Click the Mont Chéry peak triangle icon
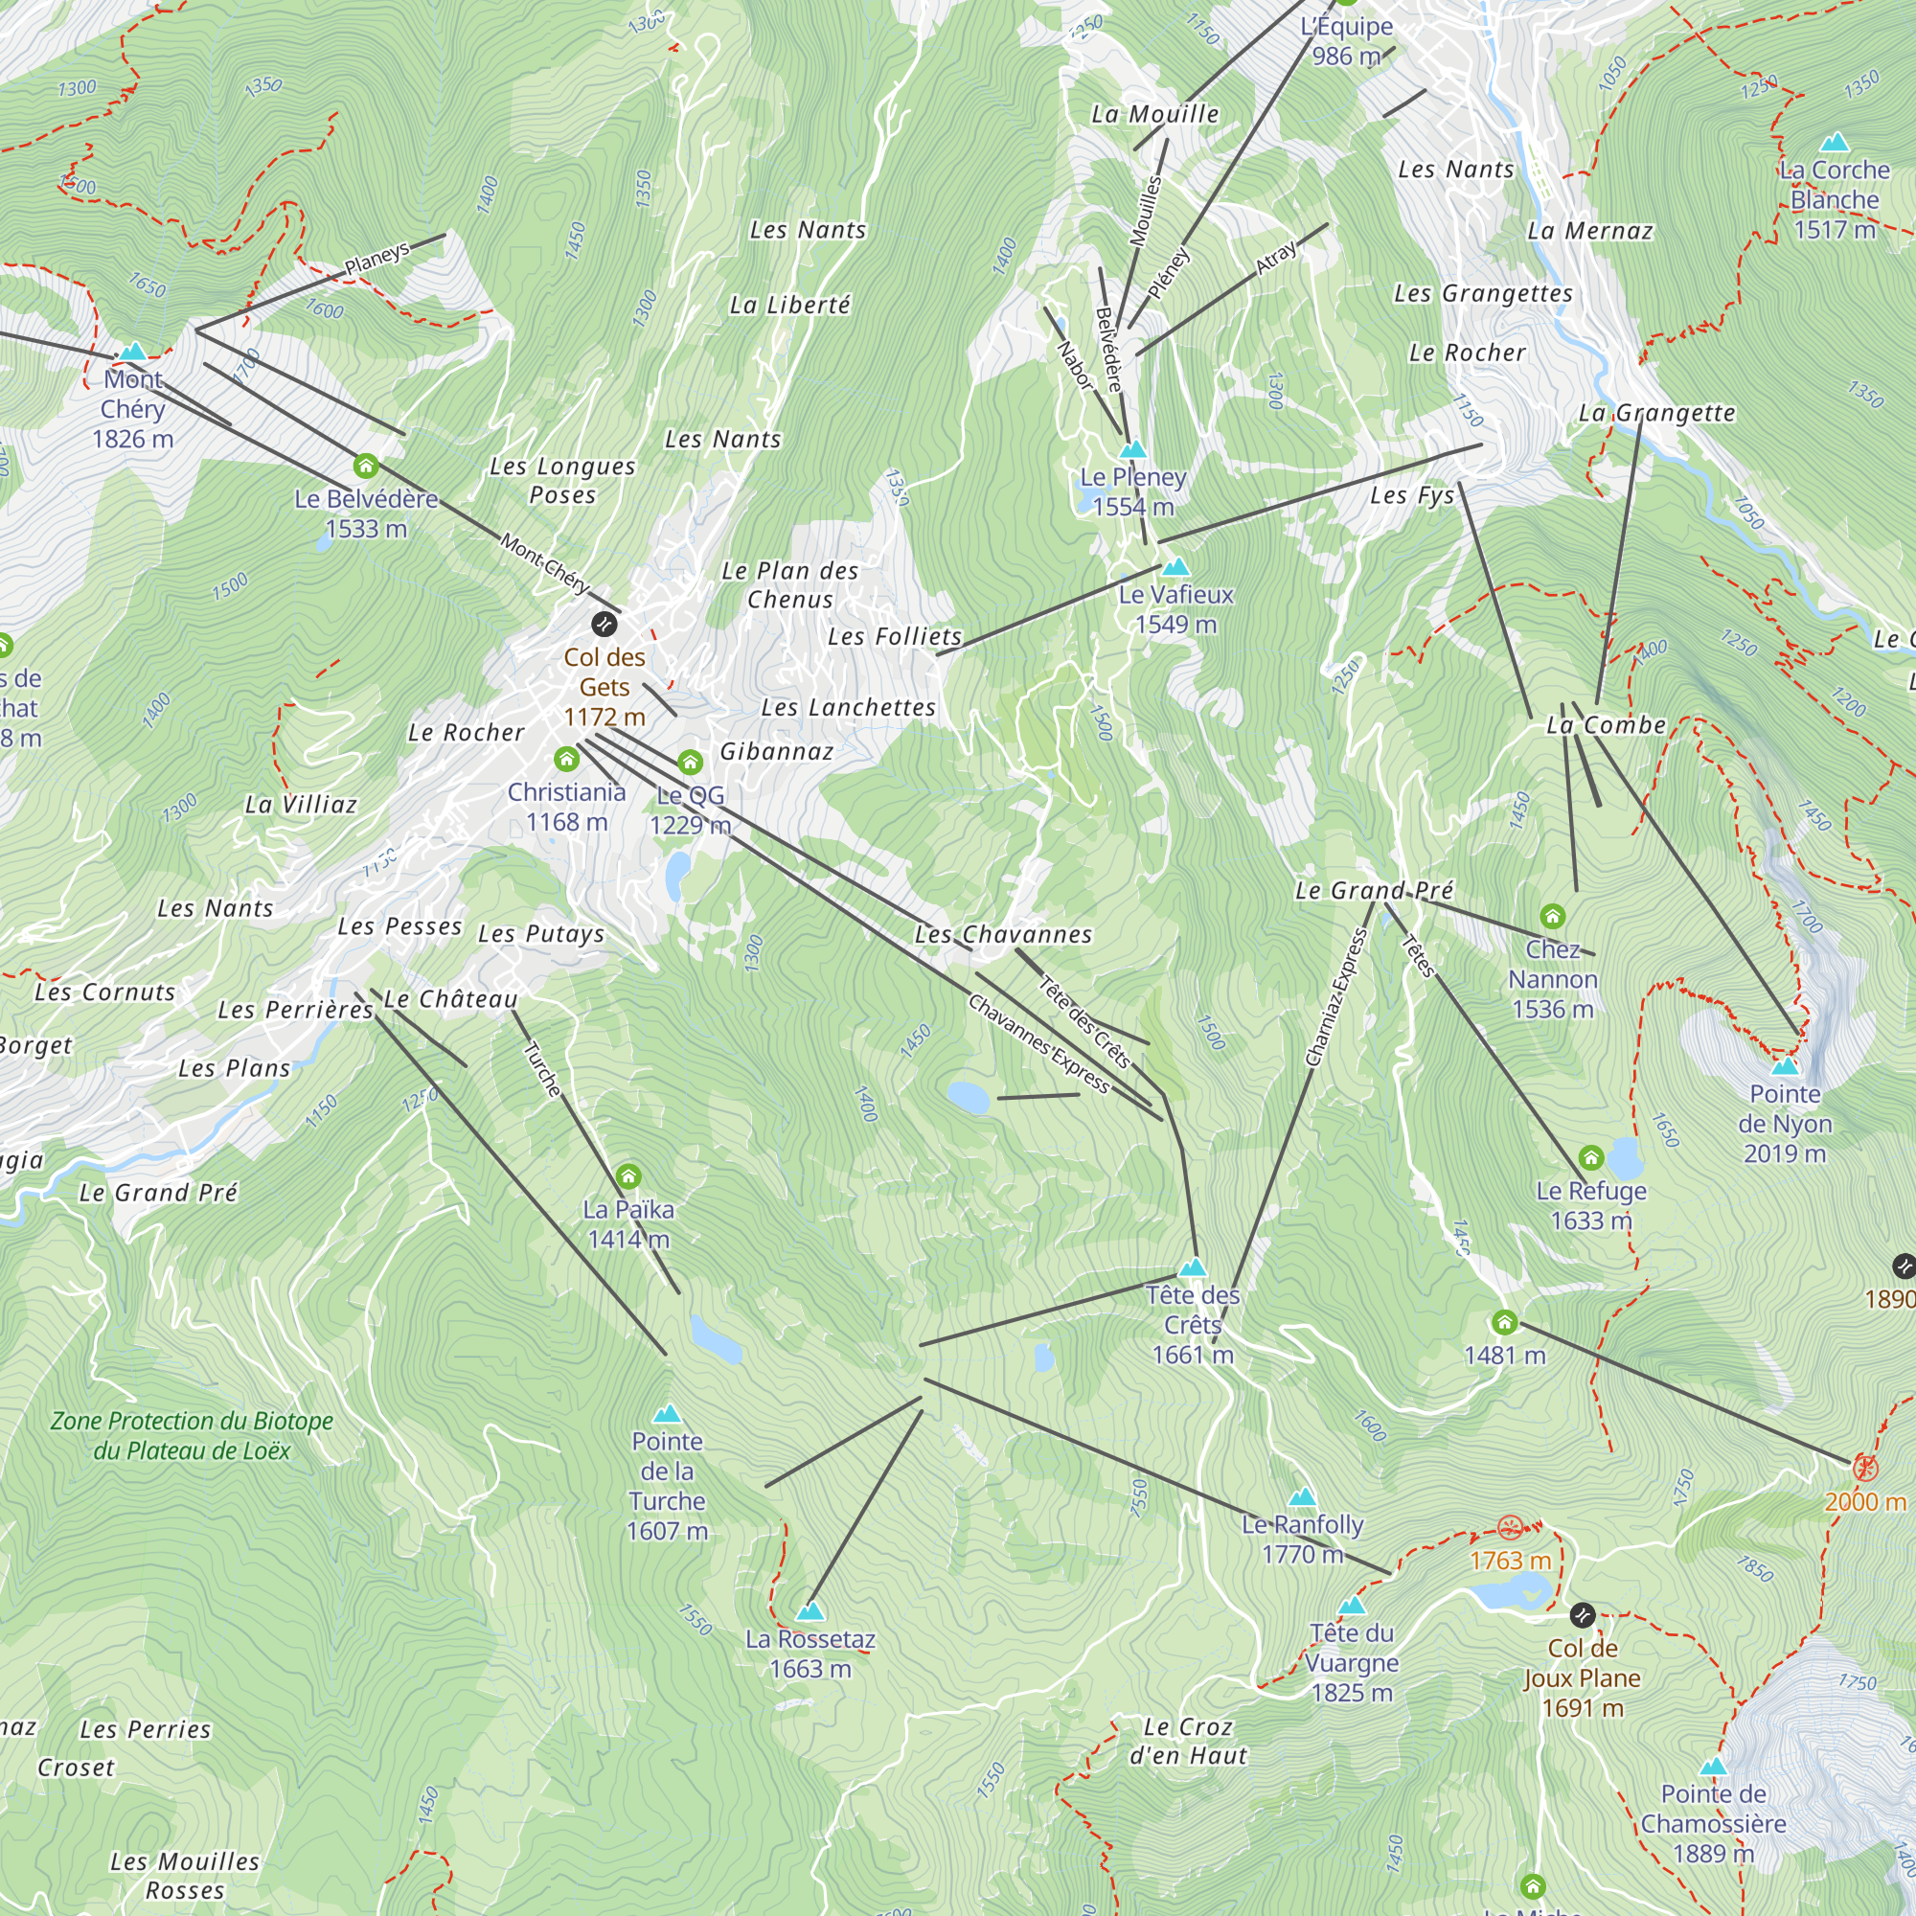pyautogui.click(x=133, y=352)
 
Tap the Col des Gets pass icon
pyautogui.click(x=604, y=624)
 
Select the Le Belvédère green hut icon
pyautogui.click(x=366, y=466)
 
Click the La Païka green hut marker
pyautogui.click(x=627, y=1176)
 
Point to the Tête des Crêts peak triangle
pyautogui.click(x=1193, y=1267)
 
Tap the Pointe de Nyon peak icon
pyautogui.click(x=1785, y=1066)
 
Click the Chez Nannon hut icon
pyautogui.click(x=1553, y=917)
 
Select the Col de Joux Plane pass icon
pyautogui.click(x=1583, y=1615)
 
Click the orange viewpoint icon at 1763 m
pyautogui.click(x=1510, y=1527)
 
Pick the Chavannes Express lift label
pyautogui.click(x=1038, y=1044)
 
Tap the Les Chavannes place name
pyautogui.click(x=1003, y=934)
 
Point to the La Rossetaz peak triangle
pyautogui.click(x=810, y=1611)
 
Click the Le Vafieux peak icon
pyautogui.click(x=1176, y=567)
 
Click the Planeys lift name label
pyautogui.click(x=376, y=258)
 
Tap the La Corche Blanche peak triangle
pyautogui.click(x=1835, y=142)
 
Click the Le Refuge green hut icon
pyautogui.click(x=1590, y=1157)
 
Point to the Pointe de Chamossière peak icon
pyautogui.click(x=1714, y=1767)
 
